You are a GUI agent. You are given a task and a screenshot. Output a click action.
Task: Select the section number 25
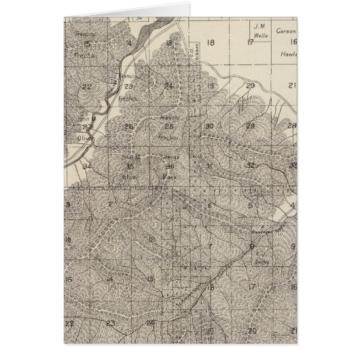click(169, 126)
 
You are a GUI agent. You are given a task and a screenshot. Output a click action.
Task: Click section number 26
click(128, 126)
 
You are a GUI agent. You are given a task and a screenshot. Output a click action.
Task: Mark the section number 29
click(250, 126)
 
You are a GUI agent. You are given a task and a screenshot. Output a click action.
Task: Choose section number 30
click(210, 126)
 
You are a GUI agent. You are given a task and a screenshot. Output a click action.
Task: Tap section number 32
click(251, 165)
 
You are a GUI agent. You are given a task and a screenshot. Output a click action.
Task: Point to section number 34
click(87, 165)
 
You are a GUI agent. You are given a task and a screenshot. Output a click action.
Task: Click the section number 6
click(211, 204)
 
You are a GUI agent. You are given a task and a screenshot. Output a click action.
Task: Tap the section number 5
click(251, 204)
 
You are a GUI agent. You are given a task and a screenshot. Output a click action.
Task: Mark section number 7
click(211, 246)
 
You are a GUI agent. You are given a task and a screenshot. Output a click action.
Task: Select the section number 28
click(292, 126)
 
